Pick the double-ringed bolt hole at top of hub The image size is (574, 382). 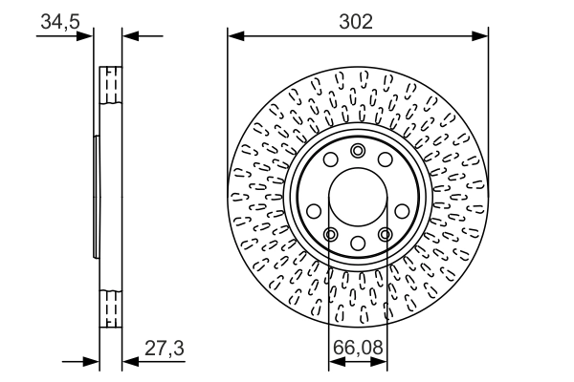pyautogui.click(x=358, y=150)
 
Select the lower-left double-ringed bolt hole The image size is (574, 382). pyautogui.click(x=330, y=235)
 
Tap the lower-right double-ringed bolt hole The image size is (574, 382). pyautogui.click(x=386, y=235)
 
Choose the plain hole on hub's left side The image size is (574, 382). pyautogui.click(x=313, y=211)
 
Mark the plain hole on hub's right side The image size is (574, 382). pyautogui.click(x=403, y=211)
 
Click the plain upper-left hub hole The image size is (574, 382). pyautogui.click(x=330, y=160)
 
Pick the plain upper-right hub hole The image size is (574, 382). pyautogui.click(x=386, y=160)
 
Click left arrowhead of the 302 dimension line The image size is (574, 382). pyautogui.click(x=233, y=36)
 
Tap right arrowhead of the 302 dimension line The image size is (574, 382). pyautogui.click(x=483, y=36)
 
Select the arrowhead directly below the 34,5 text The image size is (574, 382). pyautogui.click(x=87, y=36)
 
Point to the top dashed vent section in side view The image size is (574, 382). pyautogui.click(x=111, y=87)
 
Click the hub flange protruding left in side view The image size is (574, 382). pyautogui.click(x=96, y=197)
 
